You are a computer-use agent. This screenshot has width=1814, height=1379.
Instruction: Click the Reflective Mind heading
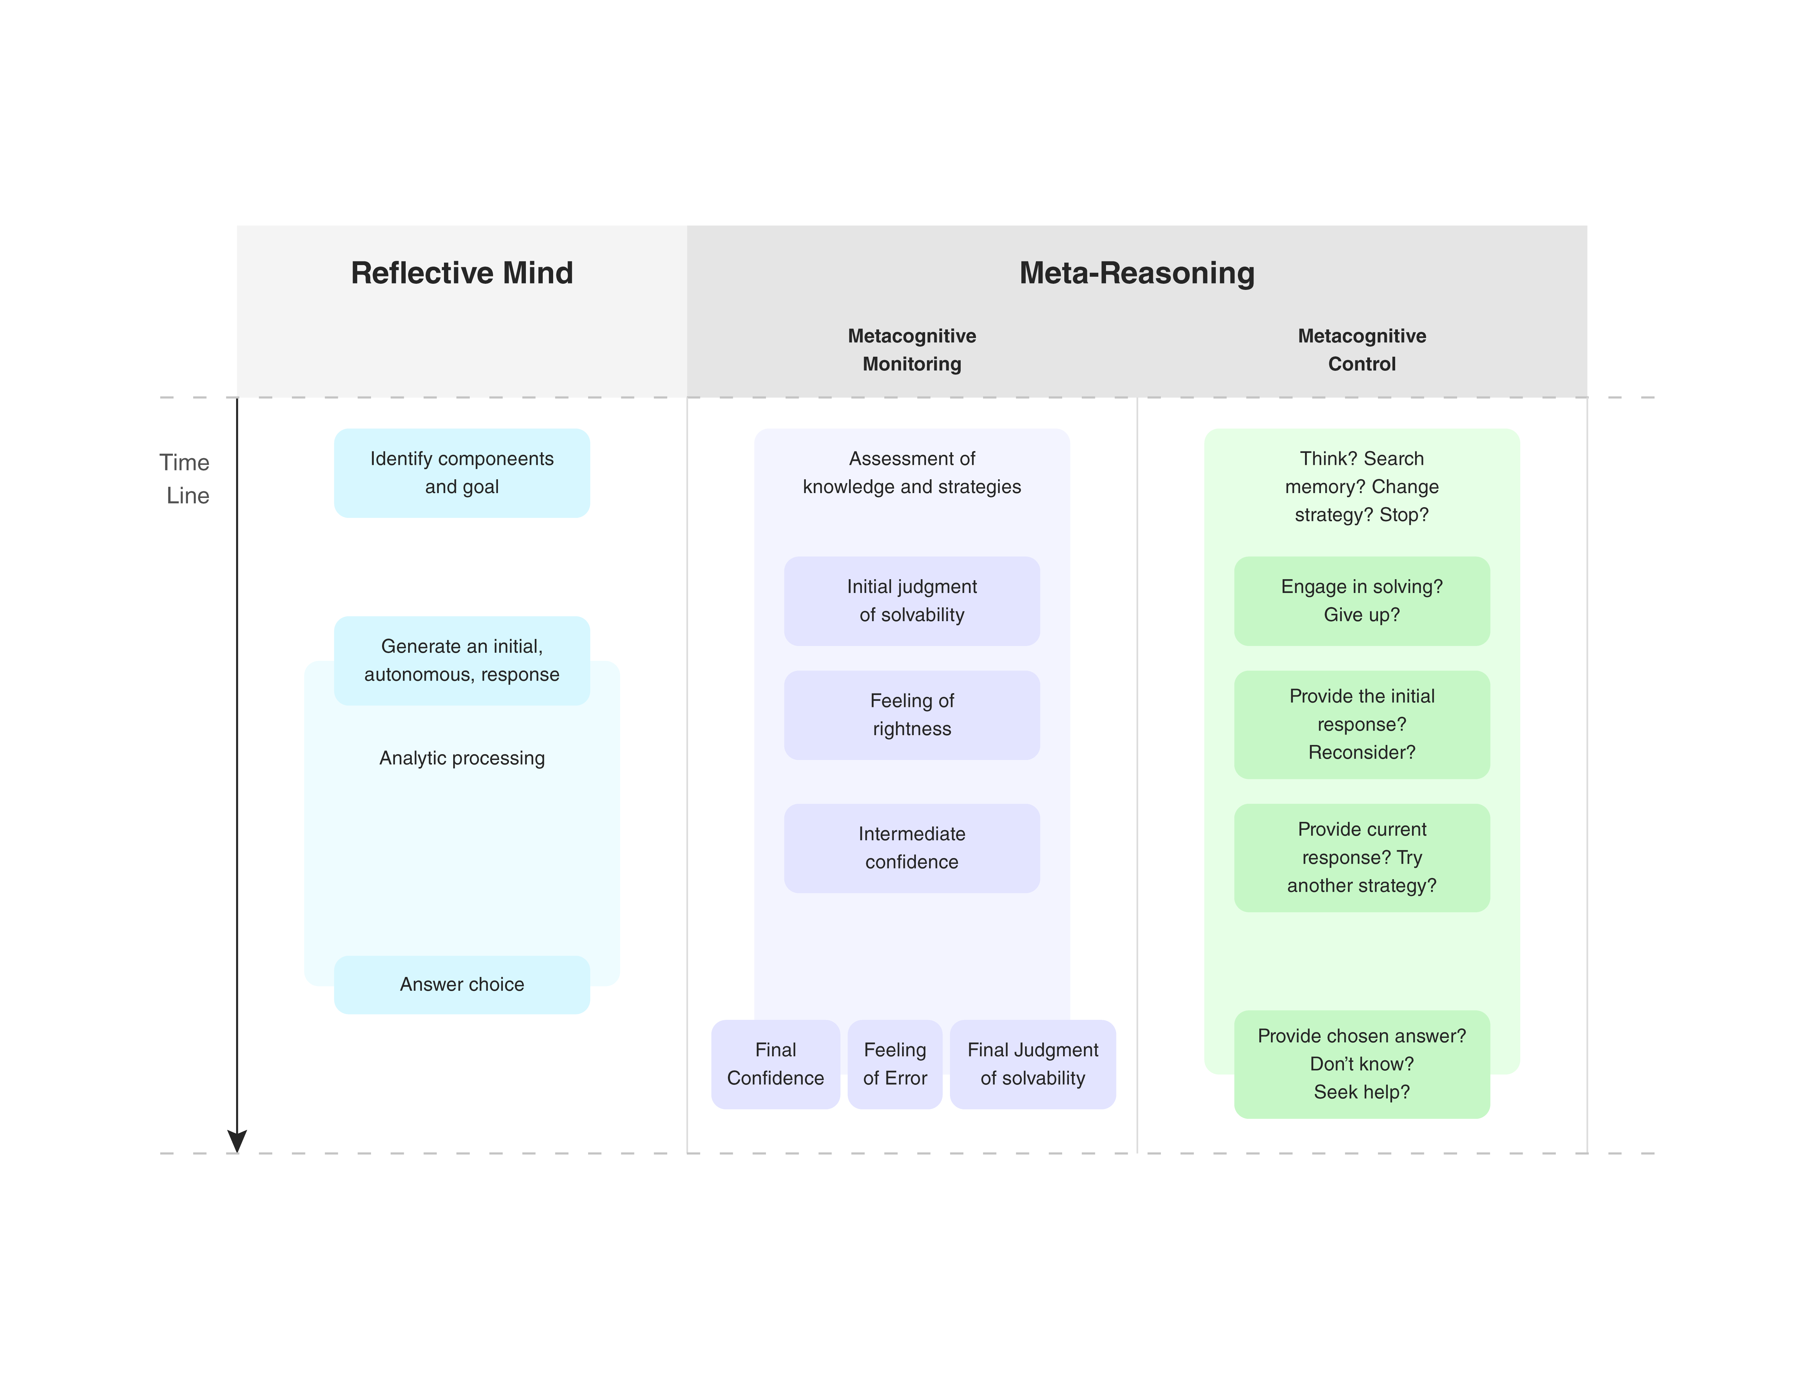click(x=461, y=272)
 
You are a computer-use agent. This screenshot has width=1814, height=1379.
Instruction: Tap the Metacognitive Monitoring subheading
click(x=912, y=350)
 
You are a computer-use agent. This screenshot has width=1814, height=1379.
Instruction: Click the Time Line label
click(x=186, y=479)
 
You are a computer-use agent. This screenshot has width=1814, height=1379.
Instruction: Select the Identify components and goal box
click(x=461, y=473)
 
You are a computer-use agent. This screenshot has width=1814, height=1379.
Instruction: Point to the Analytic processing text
click(x=461, y=758)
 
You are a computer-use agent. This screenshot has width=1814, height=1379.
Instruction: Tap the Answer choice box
click(x=461, y=984)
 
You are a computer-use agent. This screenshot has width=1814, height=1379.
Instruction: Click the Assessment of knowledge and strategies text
click(x=912, y=473)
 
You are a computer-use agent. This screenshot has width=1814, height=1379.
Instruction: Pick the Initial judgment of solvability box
click(x=912, y=601)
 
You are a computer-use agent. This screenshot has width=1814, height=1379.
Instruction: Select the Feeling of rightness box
click(x=912, y=715)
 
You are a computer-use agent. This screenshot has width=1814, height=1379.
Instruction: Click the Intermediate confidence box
click(x=912, y=848)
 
